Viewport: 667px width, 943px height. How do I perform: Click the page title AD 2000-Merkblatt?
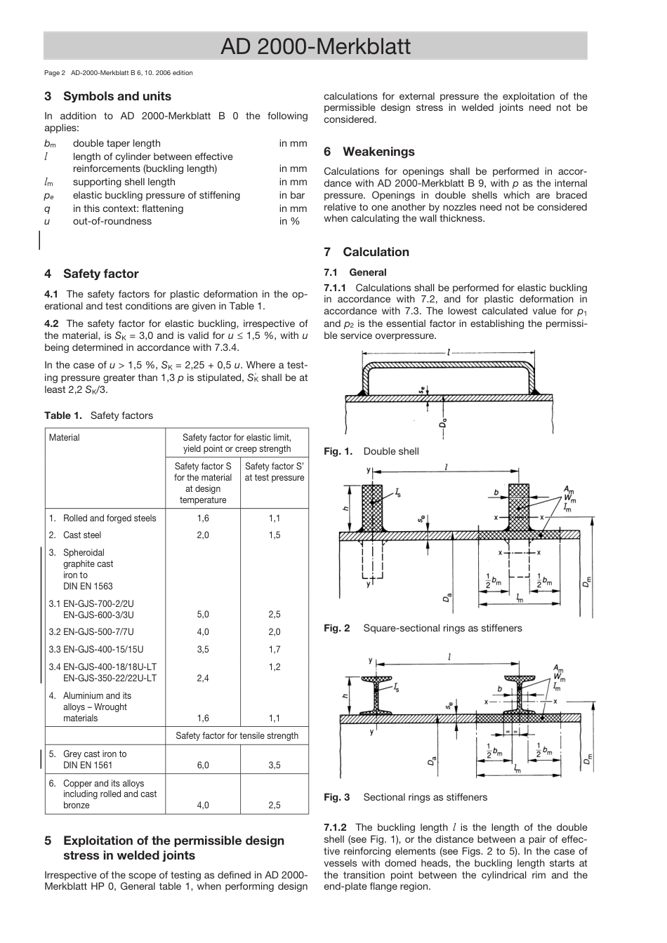click(x=315, y=46)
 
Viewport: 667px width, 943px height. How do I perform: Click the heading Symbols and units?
click(x=117, y=96)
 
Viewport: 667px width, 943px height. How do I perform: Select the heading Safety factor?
click(x=100, y=274)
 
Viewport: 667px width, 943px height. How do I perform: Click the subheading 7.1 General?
click(x=355, y=272)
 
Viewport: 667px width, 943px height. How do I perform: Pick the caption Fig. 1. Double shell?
click(x=371, y=451)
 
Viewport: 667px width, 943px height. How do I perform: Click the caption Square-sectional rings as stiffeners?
click(x=442, y=628)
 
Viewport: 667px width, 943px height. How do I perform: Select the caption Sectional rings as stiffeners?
click(x=425, y=797)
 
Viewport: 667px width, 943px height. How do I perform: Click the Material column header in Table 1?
click(x=65, y=438)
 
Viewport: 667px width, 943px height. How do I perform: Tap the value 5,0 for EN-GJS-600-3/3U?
click(x=203, y=615)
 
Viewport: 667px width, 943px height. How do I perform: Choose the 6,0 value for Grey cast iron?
click(x=203, y=765)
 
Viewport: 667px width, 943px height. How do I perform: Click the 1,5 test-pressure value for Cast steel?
click(x=274, y=535)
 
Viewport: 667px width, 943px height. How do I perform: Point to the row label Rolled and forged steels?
click(x=110, y=519)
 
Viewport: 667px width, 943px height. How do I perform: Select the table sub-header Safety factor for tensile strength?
click(x=237, y=735)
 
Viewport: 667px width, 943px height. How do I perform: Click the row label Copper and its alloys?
click(x=103, y=783)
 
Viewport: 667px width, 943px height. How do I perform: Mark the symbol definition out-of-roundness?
click(x=112, y=222)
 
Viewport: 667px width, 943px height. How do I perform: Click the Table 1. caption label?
click(x=63, y=415)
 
